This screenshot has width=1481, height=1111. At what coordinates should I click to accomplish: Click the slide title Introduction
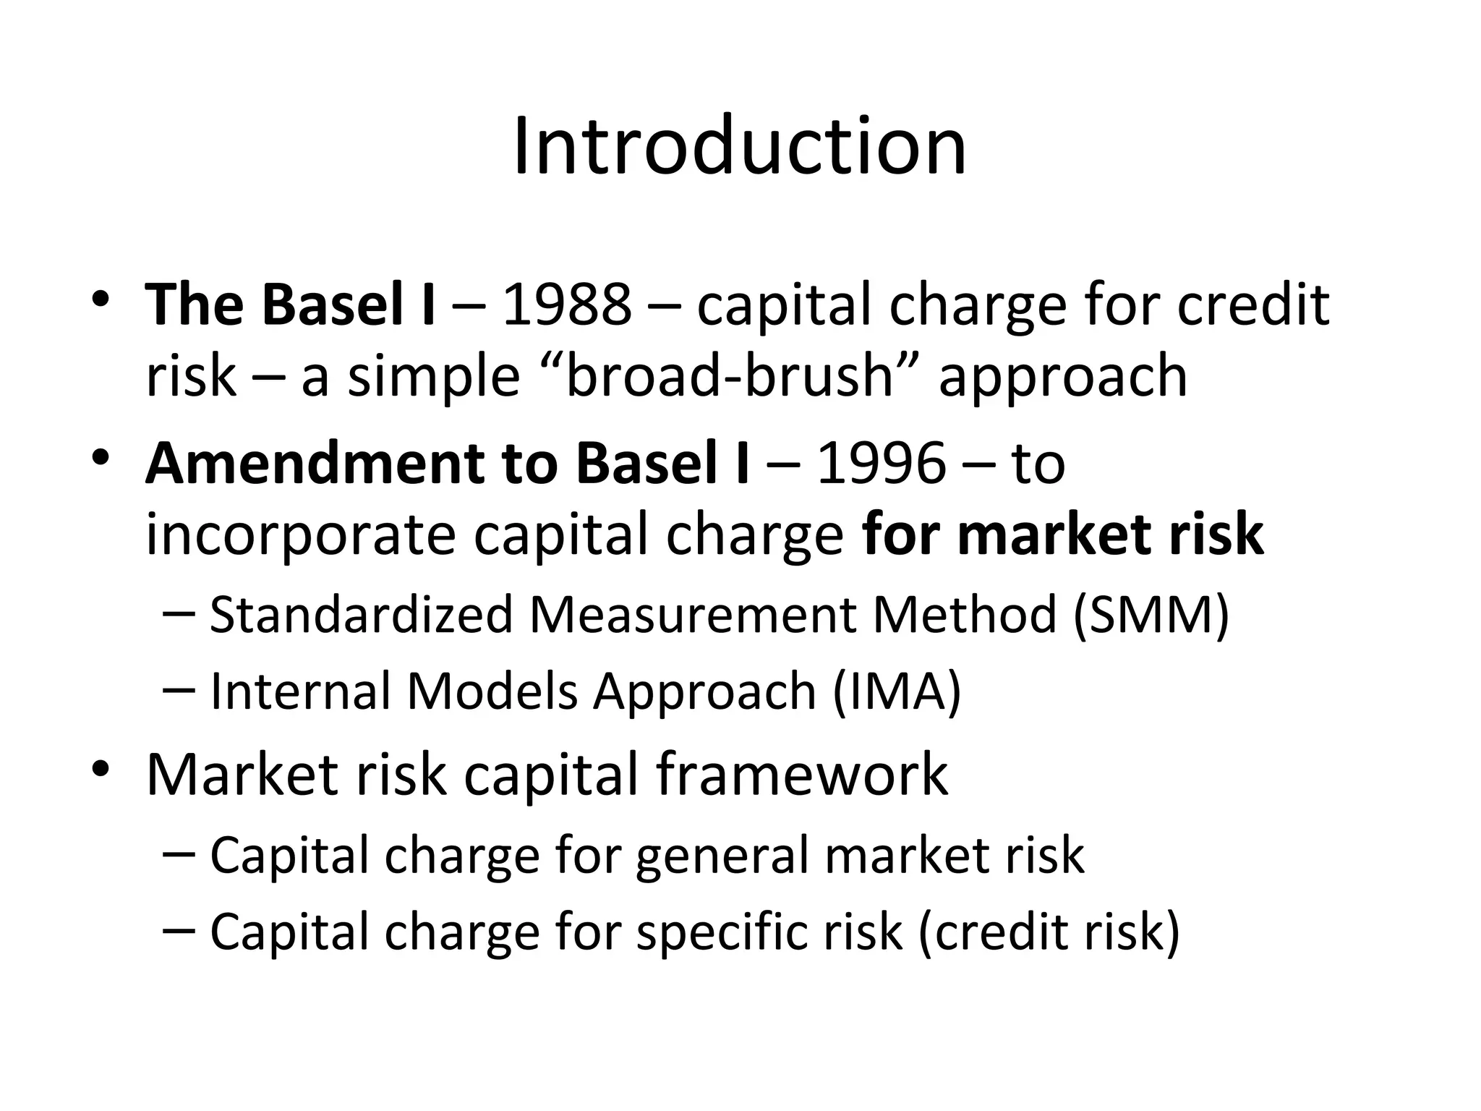tap(739, 147)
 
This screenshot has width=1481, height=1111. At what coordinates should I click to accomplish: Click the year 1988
tap(566, 305)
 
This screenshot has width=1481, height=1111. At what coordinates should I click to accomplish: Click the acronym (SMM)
tap(1151, 615)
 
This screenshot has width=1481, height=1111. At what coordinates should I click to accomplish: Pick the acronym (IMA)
tap(897, 691)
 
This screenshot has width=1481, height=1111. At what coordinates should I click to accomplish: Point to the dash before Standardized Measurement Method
tap(179, 613)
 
